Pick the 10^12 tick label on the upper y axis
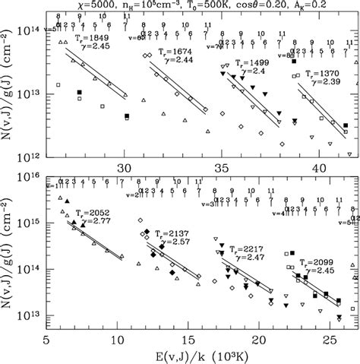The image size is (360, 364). coord(27,157)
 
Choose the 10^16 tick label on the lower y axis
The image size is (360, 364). coord(27,177)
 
